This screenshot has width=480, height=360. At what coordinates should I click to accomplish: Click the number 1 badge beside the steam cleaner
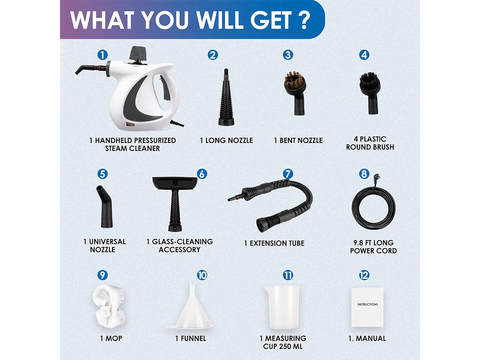point(102,55)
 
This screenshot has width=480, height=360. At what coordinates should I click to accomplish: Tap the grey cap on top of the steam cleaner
point(138,53)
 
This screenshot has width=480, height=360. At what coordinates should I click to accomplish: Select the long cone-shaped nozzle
point(226,97)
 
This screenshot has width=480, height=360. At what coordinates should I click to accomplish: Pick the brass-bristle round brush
point(294,93)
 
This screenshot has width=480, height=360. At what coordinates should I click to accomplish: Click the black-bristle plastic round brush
point(370,93)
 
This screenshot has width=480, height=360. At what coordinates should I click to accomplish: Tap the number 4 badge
point(364,55)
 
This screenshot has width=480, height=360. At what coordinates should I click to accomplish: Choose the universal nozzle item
point(105,206)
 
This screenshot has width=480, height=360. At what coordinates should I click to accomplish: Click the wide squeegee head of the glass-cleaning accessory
point(174,184)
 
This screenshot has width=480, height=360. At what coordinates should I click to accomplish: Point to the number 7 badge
point(288,174)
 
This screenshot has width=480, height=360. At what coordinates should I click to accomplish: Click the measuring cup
point(281,307)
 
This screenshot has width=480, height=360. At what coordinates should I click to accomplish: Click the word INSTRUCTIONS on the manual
point(367,304)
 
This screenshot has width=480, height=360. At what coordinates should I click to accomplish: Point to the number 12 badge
point(364,275)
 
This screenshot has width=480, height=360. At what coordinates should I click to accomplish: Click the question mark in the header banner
point(304,20)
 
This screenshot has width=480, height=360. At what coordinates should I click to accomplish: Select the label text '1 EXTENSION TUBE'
point(274,243)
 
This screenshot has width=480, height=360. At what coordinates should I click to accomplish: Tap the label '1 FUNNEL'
point(191,338)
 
